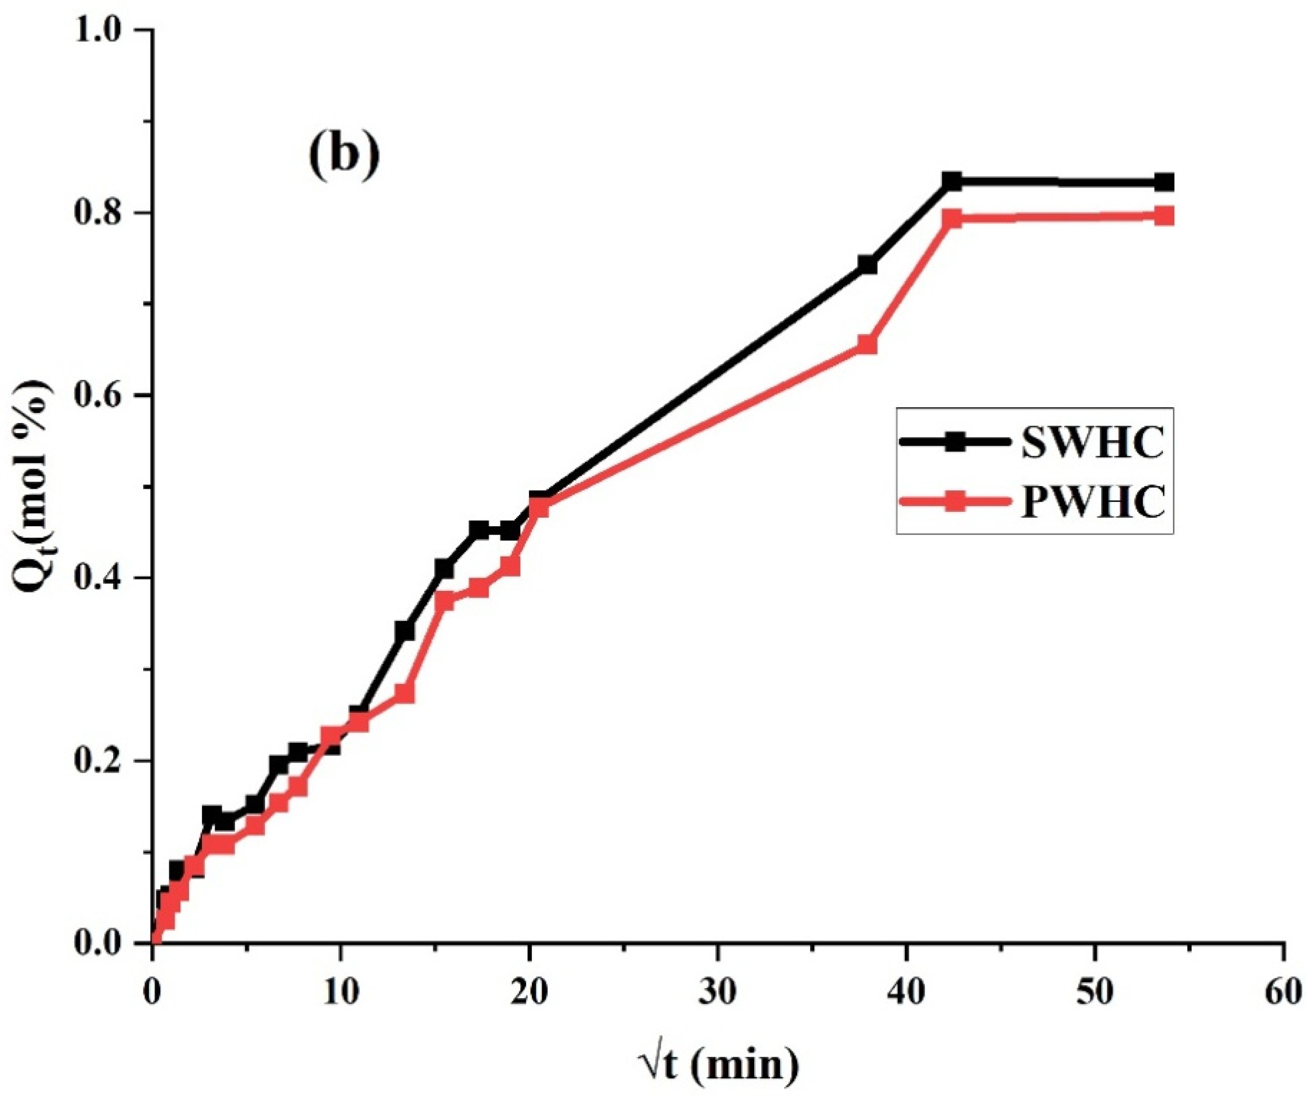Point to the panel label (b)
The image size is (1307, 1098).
[x=343, y=159]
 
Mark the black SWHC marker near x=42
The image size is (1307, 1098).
[x=952, y=182]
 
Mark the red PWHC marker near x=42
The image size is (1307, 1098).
[x=952, y=219]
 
